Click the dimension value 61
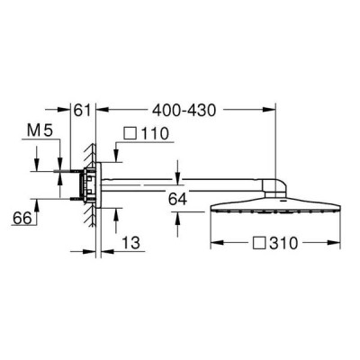[82, 111]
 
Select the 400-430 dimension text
[184, 111]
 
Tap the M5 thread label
[40, 130]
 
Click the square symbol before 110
[130, 133]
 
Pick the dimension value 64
[177, 199]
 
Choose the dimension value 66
[22, 218]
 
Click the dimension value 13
[131, 242]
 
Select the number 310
[283, 243]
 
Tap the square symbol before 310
[259, 243]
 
